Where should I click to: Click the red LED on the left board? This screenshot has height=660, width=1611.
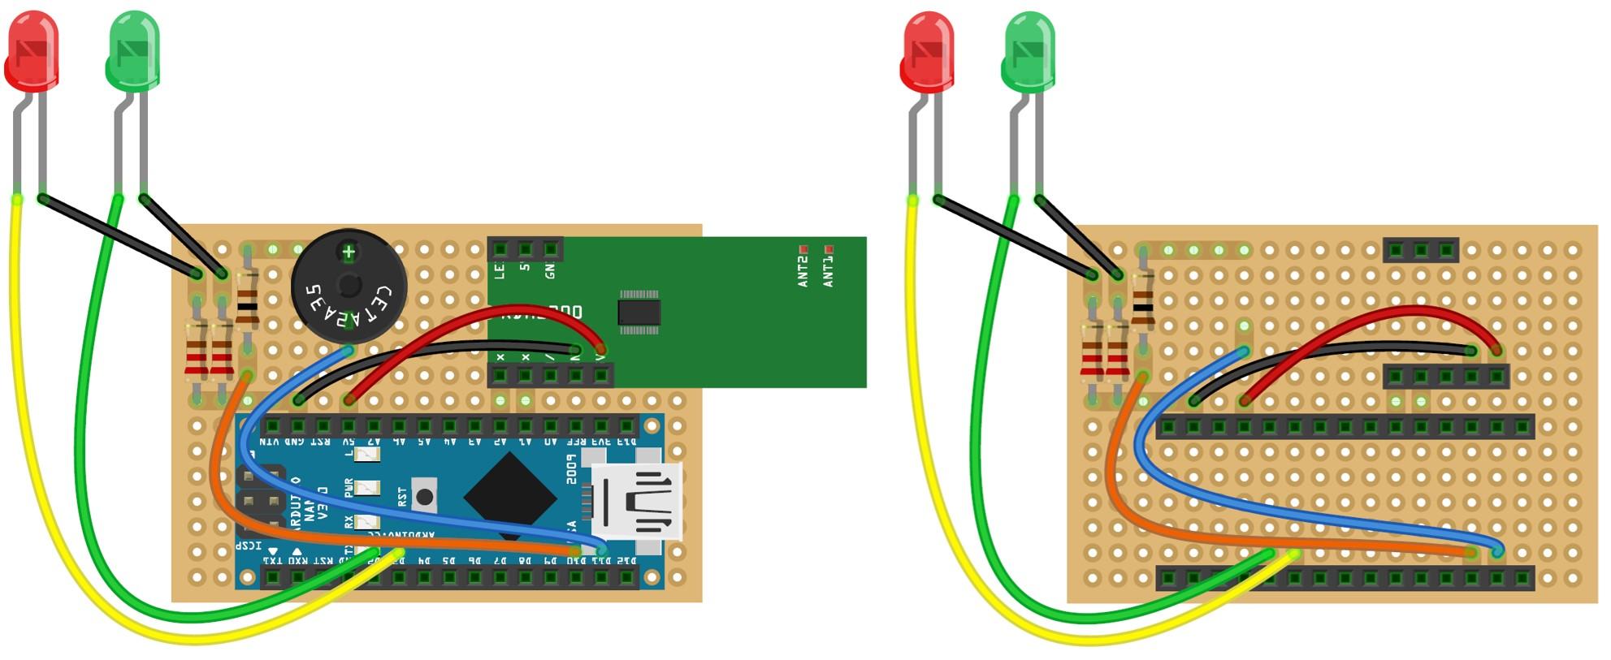32,50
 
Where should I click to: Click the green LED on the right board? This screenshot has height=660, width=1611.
1029,50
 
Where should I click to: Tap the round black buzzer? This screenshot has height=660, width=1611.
349,286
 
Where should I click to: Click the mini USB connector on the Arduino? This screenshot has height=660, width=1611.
639,502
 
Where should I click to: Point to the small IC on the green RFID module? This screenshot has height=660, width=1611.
639,312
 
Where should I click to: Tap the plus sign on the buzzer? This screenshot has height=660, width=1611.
349,252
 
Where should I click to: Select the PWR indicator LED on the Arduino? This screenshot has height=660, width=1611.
367,488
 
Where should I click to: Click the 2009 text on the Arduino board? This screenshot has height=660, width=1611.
572,469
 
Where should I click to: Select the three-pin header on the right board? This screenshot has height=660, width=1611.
1421,249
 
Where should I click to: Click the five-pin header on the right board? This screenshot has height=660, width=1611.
1446,377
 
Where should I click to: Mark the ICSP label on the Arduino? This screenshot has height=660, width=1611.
249,546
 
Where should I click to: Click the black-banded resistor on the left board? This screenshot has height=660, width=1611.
247,308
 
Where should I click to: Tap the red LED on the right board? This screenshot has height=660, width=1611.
928,50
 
